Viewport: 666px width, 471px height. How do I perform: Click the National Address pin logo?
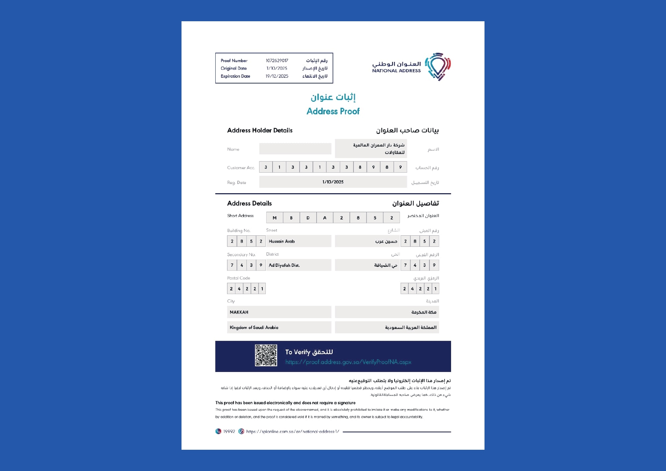point(438,66)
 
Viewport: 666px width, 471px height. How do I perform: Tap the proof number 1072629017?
point(277,61)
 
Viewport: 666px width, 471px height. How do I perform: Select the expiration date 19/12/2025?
point(277,76)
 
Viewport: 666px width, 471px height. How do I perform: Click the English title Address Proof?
point(333,111)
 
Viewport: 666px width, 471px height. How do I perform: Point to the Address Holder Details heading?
point(260,131)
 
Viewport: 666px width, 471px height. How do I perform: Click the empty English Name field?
point(295,149)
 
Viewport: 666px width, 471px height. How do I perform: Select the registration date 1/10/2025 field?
point(333,182)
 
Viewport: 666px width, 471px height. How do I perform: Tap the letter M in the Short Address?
point(275,218)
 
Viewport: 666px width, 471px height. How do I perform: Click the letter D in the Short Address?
point(308,218)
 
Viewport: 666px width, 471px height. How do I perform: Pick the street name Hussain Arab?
point(282,241)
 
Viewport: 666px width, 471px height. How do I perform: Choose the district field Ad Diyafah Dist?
point(284,265)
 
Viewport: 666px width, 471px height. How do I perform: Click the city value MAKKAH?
point(239,312)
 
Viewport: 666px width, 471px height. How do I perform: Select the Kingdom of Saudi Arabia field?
point(254,328)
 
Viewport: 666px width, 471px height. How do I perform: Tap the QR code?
point(266,355)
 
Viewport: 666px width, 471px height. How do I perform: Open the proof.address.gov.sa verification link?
point(348,362)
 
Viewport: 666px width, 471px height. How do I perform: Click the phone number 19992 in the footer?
point(229,432)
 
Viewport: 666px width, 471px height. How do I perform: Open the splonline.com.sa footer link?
point(292,432)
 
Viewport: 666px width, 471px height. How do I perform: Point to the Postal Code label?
point(238,278)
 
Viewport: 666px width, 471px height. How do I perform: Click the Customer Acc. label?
point(241,168)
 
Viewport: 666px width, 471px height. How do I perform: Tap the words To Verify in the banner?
point(298,352)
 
